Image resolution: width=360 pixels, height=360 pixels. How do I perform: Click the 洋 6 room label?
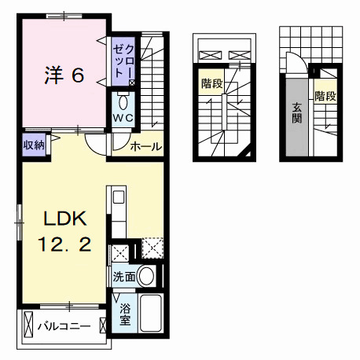64,75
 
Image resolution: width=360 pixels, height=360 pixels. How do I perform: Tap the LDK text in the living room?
65,219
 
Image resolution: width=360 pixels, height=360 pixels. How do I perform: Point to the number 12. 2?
64,244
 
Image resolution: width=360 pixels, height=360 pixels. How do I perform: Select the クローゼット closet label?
123,61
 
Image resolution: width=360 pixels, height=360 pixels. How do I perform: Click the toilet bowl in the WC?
123,102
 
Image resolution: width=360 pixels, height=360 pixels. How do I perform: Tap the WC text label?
123,118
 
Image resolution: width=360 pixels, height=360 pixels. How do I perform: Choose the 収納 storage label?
34,145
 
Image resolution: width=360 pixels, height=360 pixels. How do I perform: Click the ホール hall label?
146,146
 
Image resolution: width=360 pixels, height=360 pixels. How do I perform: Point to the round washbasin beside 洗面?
146,276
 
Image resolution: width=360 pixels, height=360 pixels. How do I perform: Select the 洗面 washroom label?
124,277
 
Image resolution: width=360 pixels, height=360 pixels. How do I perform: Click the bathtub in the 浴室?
151,313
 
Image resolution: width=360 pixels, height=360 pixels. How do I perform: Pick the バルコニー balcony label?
64,326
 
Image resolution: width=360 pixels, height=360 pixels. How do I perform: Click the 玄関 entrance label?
297,113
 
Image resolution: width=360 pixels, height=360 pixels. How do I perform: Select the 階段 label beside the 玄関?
325,96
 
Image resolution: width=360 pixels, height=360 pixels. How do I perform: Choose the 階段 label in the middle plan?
212,84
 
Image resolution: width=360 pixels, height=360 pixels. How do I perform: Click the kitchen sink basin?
119,197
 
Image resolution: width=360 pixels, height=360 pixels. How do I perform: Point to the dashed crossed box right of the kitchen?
152,248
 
